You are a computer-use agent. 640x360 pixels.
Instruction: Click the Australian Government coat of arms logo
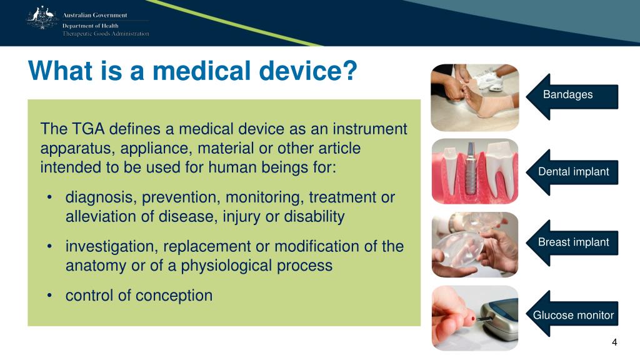42,17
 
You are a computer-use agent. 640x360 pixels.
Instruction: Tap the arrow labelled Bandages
572,97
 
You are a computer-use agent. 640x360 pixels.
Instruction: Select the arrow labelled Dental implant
572,172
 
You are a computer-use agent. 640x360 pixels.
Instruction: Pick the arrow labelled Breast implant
572,243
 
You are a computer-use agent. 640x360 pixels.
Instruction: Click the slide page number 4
614,342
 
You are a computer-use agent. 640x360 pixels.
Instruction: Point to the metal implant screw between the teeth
471,169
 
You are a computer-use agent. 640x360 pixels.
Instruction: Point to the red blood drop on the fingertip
472,319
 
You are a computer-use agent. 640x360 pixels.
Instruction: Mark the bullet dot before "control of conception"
49,295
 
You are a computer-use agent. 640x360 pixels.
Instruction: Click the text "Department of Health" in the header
90,26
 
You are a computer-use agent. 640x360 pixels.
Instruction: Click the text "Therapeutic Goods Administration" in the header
106,34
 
